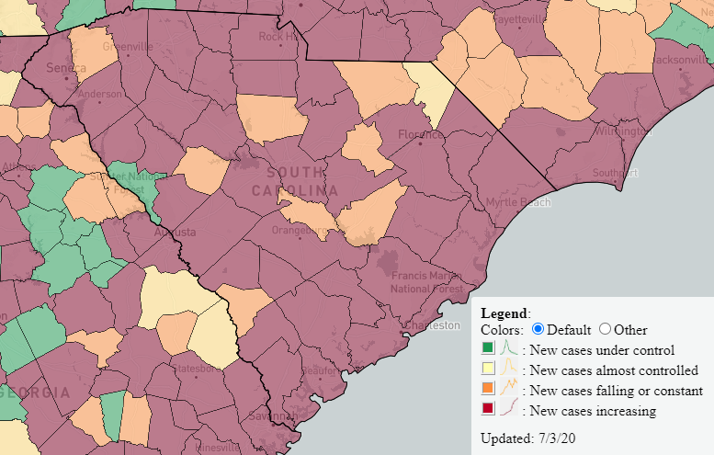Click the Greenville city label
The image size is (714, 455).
pos(128,46)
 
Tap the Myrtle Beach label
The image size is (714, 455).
pos(518,201)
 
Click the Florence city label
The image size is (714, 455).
pos(420,135)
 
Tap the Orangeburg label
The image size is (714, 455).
pos(298,231)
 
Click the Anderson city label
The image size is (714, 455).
pos(100,94)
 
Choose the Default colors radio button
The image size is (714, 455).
pos(538,329)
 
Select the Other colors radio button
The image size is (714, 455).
pos(606,329)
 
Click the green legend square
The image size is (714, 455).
pos(488,348)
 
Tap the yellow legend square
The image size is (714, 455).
pos(488,370)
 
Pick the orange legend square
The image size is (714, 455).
pos(488,390)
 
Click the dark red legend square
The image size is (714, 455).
pos(488,410)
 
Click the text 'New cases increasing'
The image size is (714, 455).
pos(593,411)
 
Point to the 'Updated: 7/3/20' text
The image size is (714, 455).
pos(529,437)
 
